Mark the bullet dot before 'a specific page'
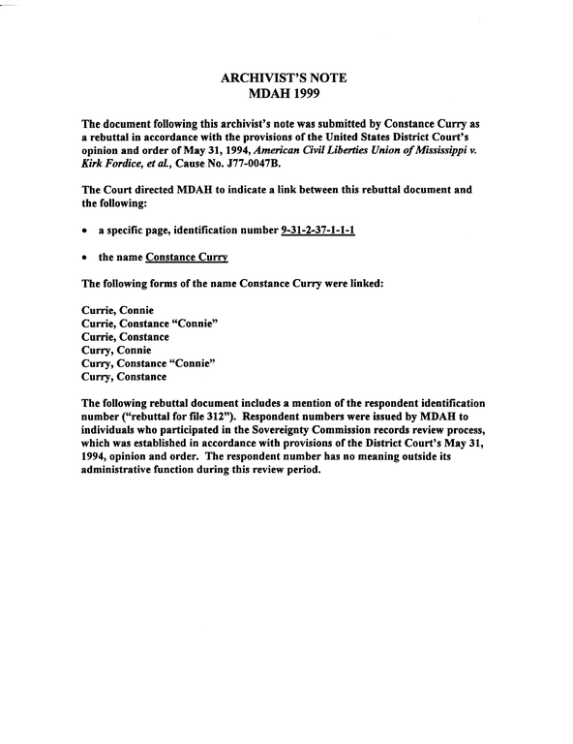(x=86, y=232)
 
